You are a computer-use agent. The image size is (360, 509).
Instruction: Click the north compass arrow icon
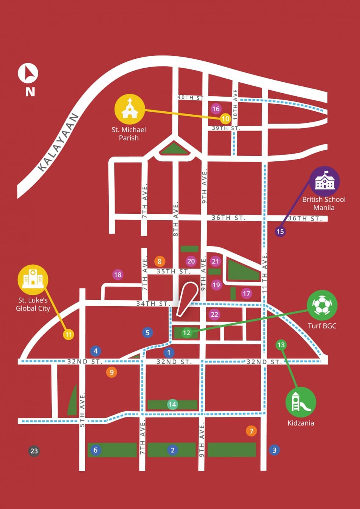(28, 73)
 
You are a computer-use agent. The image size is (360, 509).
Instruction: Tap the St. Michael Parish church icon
(129, 109)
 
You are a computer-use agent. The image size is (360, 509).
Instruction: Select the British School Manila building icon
(324, 181)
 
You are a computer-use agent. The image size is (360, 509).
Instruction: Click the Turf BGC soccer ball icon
(322, 305)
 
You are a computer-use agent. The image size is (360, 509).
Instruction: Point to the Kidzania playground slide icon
(300, 402)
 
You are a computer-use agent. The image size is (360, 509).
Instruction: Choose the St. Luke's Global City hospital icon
(33, 280)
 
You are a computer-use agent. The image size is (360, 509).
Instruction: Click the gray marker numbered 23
(34, 451)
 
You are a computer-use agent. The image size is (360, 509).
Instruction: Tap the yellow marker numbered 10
(225, 119)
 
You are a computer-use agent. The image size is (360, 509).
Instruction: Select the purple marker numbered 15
(280, 232)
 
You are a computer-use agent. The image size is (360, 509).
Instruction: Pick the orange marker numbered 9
(111, 372)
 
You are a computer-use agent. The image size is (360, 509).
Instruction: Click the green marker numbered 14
(172, 404)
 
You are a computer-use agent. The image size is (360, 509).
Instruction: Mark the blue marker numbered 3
(274, 450)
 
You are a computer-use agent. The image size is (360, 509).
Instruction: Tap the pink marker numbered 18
(118, 275)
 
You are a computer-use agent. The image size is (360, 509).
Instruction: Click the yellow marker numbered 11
(68, 334)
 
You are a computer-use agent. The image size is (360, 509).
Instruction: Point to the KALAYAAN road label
(58, 142)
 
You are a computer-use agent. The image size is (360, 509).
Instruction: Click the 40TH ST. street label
(191, 98)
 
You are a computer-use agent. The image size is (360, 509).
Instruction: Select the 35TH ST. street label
(173, 272)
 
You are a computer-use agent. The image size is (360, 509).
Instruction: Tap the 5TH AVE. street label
(82, 410)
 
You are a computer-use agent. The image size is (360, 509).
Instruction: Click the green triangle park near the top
(175, 148)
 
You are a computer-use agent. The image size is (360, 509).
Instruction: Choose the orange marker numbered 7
(251, 431)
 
